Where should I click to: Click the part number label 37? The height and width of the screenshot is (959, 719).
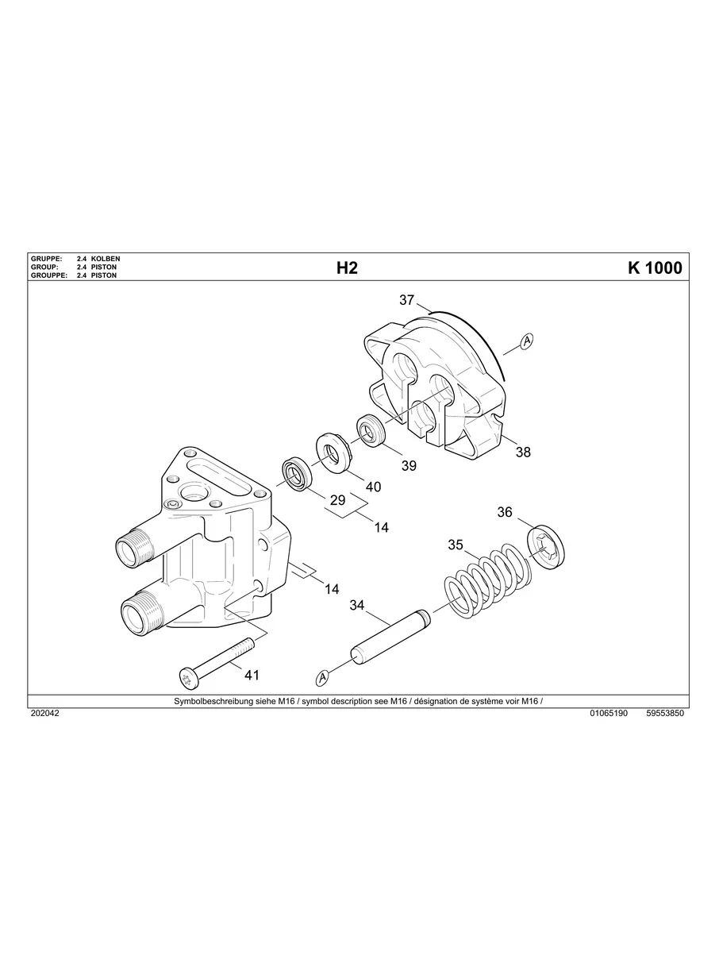pyautogui.click(x=407, y=300)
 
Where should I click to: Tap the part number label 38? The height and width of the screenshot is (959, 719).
pyautogui.click(x=523, y=453)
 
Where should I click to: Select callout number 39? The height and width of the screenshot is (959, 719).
pyautogui.click(x=409, y=466)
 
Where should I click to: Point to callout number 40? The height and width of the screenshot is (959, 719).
pyautogui.click(x=371, y=487)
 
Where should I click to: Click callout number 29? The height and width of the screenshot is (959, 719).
pyautogui.click(x=338, y=500)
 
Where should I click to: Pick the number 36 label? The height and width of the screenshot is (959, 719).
pyautogui.click(x=505, y=512)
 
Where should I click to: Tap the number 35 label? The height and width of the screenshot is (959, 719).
pyautogui.click(x=456, y=545)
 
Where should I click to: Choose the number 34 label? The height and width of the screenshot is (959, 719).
pyautogui.click(x=357, y=606)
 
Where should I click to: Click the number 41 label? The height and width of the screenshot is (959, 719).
pyautogui.click(x=252, y=675)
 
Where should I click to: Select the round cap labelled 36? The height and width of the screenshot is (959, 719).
pyautogui.click(x=548, y=546)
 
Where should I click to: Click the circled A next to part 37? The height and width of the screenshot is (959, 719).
pyautogui.click(x=526, y=341)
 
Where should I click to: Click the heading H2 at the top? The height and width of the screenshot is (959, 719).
pyautogui.click(x=347, y=268)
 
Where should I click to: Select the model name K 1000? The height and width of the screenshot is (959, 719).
pyautogui.click(x=654, y=268)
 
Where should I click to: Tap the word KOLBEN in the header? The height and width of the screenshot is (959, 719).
pyautogui.click(x=106, y=260)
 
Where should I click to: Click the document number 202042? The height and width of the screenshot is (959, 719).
pyautogui.click(x=44, y=714)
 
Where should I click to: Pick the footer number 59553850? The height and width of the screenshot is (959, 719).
pyautogui.click(x=665, y=714)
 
